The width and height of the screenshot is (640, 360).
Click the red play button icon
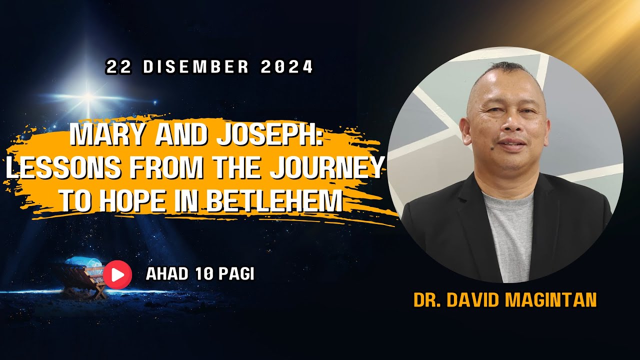[117, 274]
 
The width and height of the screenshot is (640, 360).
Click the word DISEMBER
[196, 67]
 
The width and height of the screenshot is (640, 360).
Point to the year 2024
[286, 67]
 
